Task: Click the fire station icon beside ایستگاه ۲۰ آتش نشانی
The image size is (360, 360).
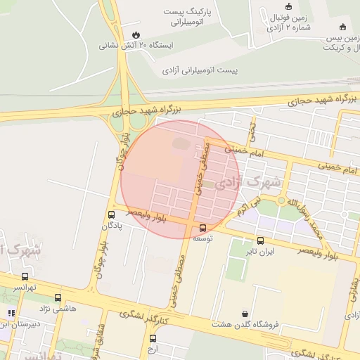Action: (135, 34)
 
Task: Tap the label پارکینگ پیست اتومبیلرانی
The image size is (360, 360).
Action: (193, 18)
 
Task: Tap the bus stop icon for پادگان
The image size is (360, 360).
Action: (112, 214)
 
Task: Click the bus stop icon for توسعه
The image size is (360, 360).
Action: (203, 228)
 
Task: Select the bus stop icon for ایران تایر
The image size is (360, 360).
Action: (261, 240)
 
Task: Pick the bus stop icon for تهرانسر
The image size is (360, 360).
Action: (25, 276)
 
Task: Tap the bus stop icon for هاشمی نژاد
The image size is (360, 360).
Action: (58, 297)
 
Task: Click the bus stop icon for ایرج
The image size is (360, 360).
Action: (153, 338)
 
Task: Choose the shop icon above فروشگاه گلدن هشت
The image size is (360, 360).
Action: (245, 313)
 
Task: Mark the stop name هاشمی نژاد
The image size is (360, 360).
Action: (58, 309)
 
